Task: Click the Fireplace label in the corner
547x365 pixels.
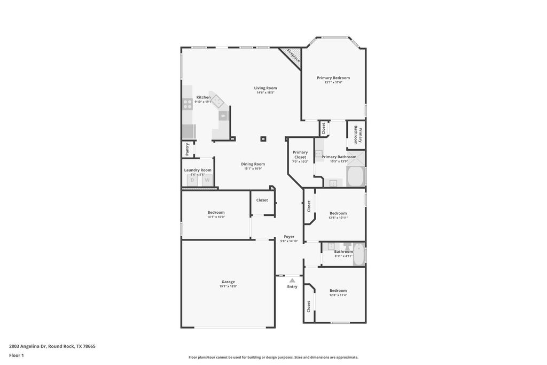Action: point(293,56)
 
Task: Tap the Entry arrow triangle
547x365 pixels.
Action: point(292,279)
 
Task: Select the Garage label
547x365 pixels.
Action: point(228,282)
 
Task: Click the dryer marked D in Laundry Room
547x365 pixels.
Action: point(192,180)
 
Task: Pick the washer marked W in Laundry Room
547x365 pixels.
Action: point(206,180)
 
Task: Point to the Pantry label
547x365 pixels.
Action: point(187,149)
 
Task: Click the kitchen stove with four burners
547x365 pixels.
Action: point(187,104)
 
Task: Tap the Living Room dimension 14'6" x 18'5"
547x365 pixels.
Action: point(265,93)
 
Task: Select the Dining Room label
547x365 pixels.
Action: point(253,164)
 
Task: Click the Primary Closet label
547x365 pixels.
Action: point(300,155)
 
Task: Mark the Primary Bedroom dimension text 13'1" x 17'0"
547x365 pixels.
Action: point(333,82)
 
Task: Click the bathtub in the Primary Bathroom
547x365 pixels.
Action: point(356,176)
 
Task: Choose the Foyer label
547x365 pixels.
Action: point(289,236)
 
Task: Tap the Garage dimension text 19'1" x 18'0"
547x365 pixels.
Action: point(228,286)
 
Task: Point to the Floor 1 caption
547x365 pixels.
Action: point(17,355)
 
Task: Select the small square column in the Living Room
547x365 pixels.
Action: point(263,139)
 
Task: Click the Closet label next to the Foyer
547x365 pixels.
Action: point(262,200)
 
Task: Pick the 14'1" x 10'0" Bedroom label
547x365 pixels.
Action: point(216,212)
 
